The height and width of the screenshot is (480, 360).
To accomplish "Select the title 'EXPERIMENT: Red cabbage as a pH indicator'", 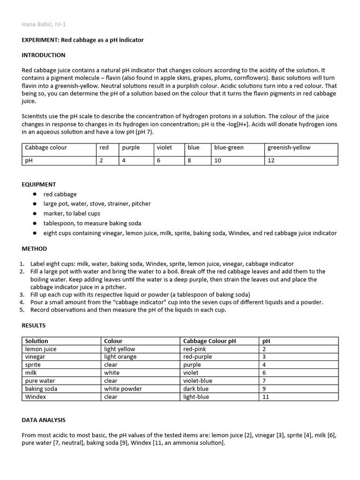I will pos(82,40).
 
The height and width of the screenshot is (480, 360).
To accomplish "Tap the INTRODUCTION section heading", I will pos(44,55).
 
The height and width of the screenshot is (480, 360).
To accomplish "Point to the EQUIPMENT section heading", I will pos(39,184).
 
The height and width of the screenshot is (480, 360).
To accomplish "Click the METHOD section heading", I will pos(34,248).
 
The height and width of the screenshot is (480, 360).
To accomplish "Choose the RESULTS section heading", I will pos(34,325).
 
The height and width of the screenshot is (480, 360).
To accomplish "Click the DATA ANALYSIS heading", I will pos(44,420).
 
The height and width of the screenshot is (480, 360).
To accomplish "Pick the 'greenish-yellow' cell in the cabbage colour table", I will pos(289,147).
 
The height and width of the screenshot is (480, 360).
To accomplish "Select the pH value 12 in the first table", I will pos(271,160).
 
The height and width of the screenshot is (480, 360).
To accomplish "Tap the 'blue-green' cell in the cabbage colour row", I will pos(229,147).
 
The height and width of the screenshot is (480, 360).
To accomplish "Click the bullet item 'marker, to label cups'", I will pos(72,213).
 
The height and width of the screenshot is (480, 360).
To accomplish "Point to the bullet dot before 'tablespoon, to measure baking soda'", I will pos(34,223).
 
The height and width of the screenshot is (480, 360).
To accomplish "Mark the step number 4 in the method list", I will pos(22,302).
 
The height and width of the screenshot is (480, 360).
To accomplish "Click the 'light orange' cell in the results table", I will pos(120,357).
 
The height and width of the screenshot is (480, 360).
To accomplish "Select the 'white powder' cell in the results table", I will pos(123,389).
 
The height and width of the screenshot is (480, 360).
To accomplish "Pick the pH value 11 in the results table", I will pos(265,397).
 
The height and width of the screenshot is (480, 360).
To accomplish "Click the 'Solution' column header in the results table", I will pos(37,341).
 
